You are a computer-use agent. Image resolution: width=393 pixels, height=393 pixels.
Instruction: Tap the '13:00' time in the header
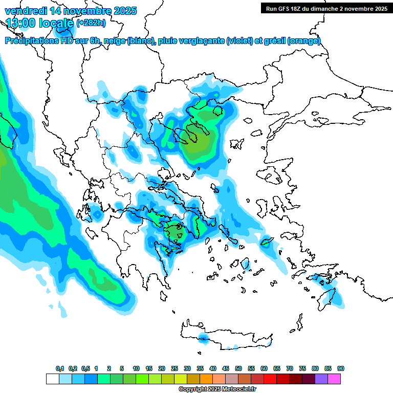tap(21, 23)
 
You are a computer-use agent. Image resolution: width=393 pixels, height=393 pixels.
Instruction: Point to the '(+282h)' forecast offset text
tap(91, 23)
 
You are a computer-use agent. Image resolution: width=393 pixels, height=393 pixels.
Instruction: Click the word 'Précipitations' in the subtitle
tap(31, 41)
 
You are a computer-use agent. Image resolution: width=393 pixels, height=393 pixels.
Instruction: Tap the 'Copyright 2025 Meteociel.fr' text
tap(217, 389)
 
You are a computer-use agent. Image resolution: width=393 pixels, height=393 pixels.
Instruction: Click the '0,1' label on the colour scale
tap(60, 369)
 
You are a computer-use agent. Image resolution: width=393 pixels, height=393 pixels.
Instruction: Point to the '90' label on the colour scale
tap(341, 369)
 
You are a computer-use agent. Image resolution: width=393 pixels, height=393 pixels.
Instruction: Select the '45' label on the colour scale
tap(226, 369)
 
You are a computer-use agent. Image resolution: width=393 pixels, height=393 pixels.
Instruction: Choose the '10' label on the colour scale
tap(136, 369)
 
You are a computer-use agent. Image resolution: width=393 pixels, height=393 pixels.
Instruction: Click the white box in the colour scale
tap(52, 379)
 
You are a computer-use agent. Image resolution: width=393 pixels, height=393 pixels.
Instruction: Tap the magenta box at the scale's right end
tap(335, 379)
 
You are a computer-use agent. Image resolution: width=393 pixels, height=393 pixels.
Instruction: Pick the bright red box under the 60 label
tap(270, 379)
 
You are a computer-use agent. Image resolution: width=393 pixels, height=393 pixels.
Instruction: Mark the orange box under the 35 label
tap(206, 379)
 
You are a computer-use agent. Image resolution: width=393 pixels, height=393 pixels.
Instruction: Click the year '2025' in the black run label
tap(379, 8)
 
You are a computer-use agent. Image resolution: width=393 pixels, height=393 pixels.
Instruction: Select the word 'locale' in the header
tap(56, 23)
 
